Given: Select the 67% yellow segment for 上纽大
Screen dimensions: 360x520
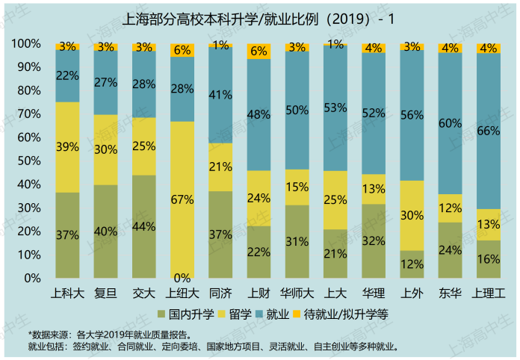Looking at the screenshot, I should pyautogui.click(x=182, y=199).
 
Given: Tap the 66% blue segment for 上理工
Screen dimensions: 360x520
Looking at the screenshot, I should pyautogui.click(x=488, y=131).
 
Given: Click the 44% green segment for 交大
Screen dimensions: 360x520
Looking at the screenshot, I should pyautogui.click(x=143, y=226).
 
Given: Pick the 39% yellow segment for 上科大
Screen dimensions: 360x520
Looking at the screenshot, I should pyautogui.click(x=67, y=147).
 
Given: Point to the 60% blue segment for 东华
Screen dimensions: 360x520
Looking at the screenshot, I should pyautogui.click(x=450, y=123).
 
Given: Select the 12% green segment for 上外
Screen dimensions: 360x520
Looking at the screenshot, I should pyautogui.click(x=411, y=264).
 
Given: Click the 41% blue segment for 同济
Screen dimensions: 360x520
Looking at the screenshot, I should pyautogui.click(x=220, y=95).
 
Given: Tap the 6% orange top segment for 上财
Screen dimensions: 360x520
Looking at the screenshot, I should pyautogui.click(x=259, y=51).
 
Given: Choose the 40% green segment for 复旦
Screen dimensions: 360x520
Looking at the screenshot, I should pyautogui.click(x=105, y=231).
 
